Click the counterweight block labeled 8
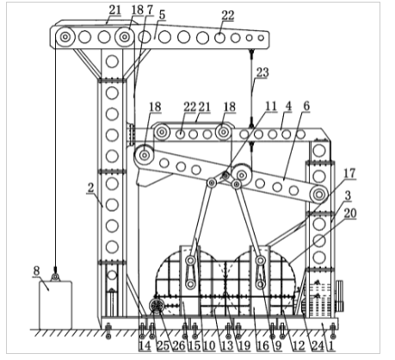coord(55,305)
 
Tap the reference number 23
coord(262,72)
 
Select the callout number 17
coord(349,173)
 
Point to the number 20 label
coord(350,214)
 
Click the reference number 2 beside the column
coord(90,188)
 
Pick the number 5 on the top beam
coord(162,15)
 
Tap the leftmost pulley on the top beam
coord(65,37)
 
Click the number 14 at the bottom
coord(145,345)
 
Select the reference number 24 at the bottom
coord(318,345)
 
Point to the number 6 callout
coord(306,106)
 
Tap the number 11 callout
coord(271,106)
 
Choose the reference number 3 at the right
coord(348,196)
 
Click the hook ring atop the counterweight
coord(55,277)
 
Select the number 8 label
coord(36,271)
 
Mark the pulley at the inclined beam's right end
coord(318,195)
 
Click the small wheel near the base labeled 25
coord(157,306)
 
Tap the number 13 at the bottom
coord(227,345)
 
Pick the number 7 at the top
coord(150,10)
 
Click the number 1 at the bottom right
coord(331,345)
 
